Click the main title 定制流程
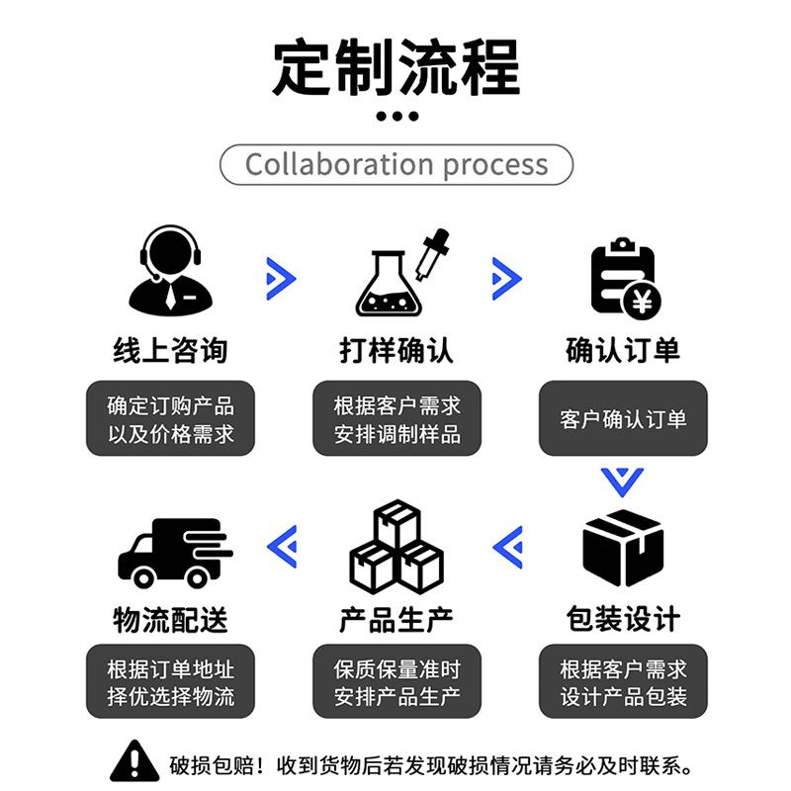395,66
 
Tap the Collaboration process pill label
395,164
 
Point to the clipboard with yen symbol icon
623,278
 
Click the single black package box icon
622,547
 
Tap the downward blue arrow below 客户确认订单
622,482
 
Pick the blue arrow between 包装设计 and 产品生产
507,546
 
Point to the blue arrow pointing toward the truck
283,546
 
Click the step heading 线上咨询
170,349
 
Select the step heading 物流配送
170,619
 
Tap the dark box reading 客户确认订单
623,418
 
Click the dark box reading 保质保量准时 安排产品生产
396,682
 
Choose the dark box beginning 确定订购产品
170,418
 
